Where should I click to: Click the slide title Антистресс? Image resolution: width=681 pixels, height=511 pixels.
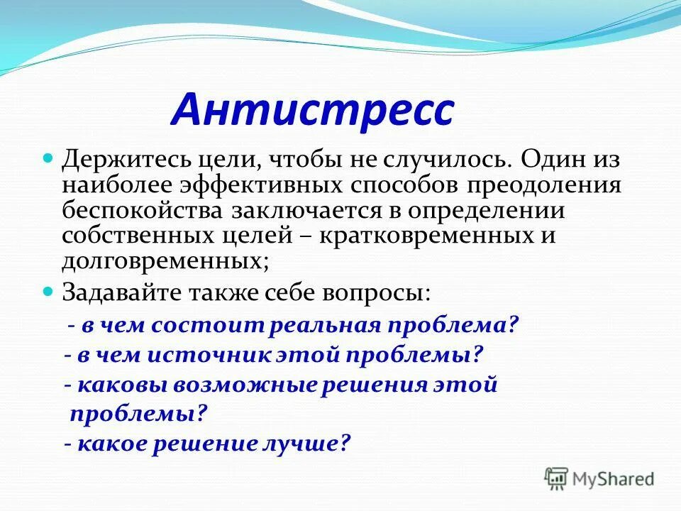[x=312, y=109]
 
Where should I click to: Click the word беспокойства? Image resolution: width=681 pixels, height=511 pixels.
[x=143, y=211]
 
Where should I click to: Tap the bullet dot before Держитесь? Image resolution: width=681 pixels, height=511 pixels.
[x=49, y=156]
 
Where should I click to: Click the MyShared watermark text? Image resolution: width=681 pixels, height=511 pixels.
[x=614, y=478]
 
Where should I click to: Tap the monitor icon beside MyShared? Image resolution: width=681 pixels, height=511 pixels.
[x=558, y=478]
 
